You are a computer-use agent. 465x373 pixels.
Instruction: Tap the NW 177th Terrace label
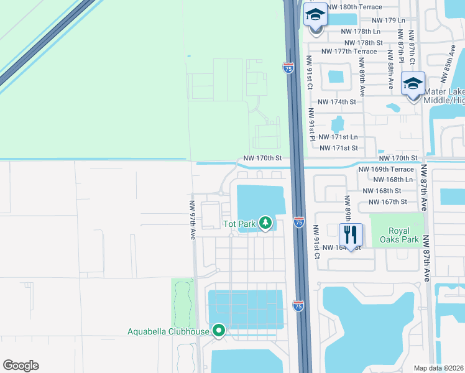click(x=349, y=52)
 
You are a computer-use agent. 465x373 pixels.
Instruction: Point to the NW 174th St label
click(x=336, y=101)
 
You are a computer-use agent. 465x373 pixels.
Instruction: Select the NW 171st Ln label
click(x=338, y=137)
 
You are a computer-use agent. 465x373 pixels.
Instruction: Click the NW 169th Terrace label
click(x=385, y=169)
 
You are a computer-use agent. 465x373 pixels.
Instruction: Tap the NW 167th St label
click(x=387, y=202)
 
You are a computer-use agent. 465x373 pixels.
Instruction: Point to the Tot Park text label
click(x=241, y=223)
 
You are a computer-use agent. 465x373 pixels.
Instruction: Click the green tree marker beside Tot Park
click(x=266, y=223)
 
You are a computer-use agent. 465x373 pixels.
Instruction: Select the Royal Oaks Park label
click(x=398, y=234)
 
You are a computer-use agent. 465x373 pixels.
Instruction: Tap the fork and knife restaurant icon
click(x=351, y=235)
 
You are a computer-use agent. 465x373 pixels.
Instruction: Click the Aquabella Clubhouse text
click(x=168, y=331)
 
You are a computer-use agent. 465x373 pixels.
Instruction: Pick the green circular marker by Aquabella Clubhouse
click(x=218, y=331)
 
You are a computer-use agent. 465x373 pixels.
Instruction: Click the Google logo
click(x=21, y=366)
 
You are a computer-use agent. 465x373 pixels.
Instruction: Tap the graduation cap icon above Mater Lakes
click(x=413, y=83)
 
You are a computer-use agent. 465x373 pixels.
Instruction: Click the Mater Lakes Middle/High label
click(x=444, y=96)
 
